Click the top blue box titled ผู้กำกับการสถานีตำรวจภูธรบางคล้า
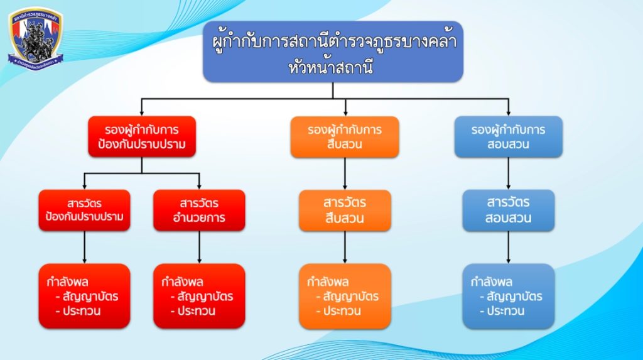coord(333,52)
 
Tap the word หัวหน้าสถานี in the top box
coord(333,67)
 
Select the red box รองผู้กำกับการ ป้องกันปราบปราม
coord(142,137)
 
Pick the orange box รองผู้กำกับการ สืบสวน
coord(345,137)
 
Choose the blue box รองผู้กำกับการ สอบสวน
coord(508,137)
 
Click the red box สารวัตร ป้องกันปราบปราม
coord(84,210)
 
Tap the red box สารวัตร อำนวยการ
coord(199,210)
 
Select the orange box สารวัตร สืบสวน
coord(345,210)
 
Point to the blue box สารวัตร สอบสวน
coord(508,210)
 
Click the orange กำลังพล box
coord(345,296)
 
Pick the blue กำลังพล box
coord(508,296)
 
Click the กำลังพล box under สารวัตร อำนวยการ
coord(199,296)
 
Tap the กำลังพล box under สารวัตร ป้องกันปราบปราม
coord(84,296)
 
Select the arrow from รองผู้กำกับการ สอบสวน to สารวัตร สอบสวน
coord(508,173)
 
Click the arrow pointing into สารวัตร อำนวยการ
coord(199,182)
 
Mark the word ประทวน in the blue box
coord(503,311)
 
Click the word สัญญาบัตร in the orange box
coord(350,297)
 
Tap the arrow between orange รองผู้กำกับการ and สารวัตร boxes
coord(345,173)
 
